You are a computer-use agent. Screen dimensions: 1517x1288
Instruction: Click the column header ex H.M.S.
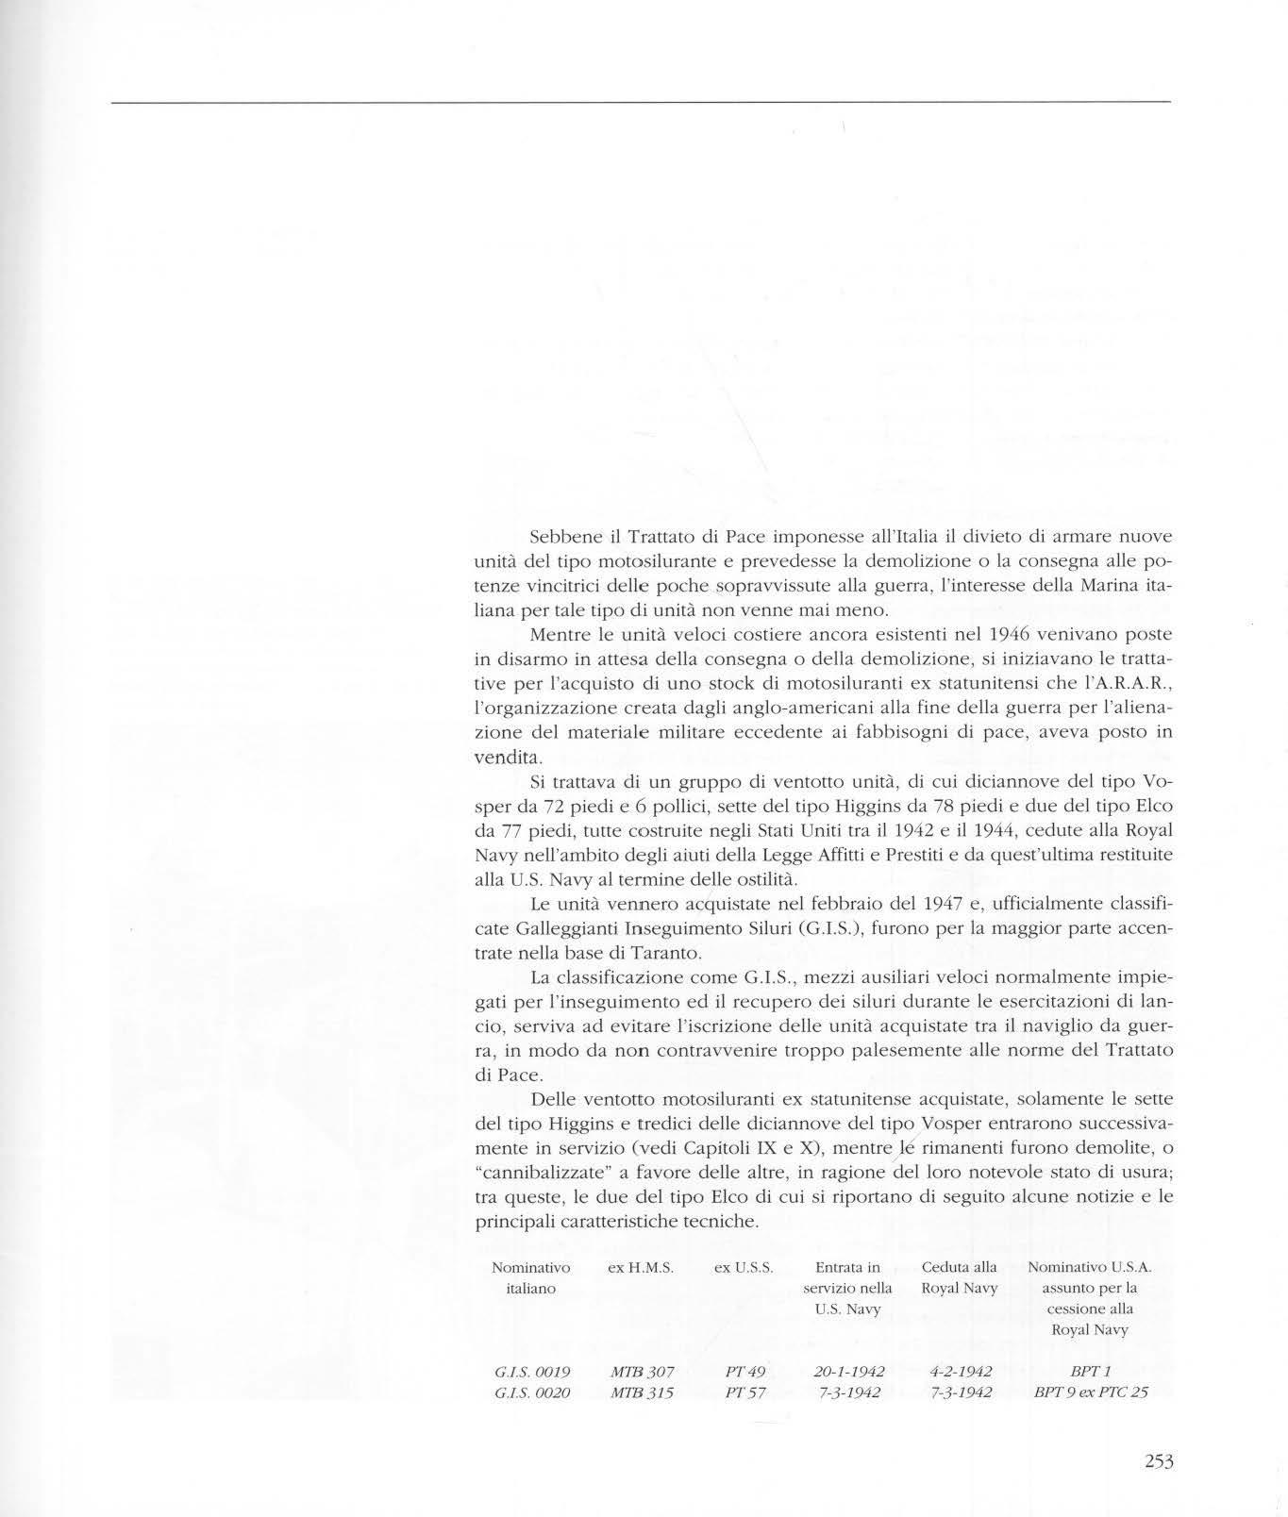641,1269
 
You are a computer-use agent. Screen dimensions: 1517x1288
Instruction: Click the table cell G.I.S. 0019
530,1372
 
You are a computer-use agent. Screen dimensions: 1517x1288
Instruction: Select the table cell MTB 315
641,1394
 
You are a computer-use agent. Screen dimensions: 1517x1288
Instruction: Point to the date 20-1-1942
848,1372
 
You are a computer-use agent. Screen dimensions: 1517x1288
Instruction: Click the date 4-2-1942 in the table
960,1372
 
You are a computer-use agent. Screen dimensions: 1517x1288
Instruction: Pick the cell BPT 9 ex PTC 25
1090,1394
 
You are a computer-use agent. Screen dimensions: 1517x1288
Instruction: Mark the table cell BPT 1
1090,1372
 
